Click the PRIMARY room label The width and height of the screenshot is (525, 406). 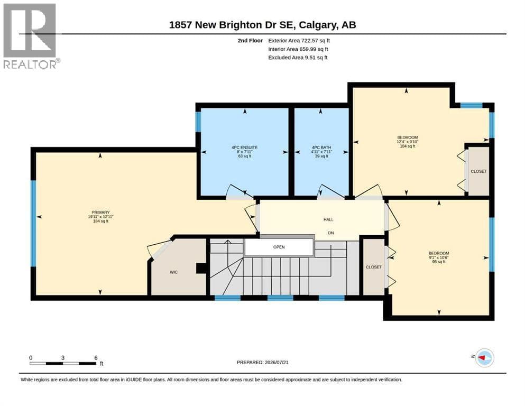[100, 212]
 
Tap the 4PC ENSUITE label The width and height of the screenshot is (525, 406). [244, 147]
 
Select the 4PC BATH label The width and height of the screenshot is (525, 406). [321, 147]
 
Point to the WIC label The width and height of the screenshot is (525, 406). [173, 272]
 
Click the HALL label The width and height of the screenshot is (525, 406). [328, 219]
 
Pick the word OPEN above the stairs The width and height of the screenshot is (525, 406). [279, 247]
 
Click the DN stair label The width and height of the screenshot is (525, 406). [331, 233]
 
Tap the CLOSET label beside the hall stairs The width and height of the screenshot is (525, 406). [374, 267]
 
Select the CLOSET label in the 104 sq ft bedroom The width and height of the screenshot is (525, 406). [478, 171]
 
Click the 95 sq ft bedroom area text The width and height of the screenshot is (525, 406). [439, 262]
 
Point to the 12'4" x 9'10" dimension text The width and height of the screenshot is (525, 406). [408, 142]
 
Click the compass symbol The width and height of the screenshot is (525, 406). [484, 357]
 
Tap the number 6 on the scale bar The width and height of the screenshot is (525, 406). [96, 357]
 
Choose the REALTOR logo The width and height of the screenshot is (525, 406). [31, 36]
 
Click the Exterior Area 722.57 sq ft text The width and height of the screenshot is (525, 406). [299, 41]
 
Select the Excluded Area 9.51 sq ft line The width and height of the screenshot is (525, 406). [298, 58]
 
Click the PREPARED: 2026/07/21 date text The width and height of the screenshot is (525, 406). [262, 362]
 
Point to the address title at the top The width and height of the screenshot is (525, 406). [262, 25]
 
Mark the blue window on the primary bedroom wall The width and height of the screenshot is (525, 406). [33, 224]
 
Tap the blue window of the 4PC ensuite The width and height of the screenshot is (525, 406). [198, 121]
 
